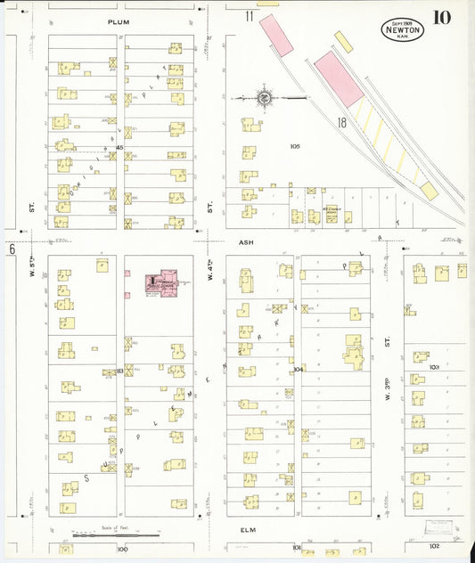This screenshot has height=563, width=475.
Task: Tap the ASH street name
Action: [x=246, y=241]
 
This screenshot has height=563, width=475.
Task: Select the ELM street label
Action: [x=248, y=530]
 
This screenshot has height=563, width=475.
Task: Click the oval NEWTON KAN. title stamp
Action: [x=403, y=29]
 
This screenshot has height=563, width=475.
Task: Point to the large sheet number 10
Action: [x=442, y=18]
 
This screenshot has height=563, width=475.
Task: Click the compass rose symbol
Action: [x=265, y=97]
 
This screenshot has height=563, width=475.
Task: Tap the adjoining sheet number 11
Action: [x=250, y=16]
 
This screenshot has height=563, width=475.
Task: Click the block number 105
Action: [x=296, y=145]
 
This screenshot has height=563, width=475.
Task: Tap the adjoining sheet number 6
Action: [x=12, y=250]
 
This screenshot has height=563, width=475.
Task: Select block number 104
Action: [x=298, y=368]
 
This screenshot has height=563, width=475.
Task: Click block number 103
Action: [x=435, y=366]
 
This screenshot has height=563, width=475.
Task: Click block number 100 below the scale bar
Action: [x=122, y=549]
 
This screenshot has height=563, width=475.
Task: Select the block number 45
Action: [x=119, y=147]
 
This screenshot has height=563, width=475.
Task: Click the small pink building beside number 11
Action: [x=276, y=35]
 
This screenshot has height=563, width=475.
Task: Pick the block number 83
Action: [x=119, y=371]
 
